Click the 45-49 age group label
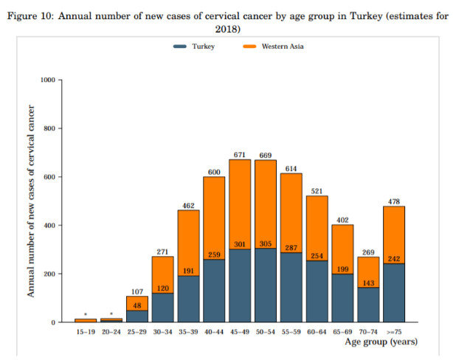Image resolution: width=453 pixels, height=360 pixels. (241, 332)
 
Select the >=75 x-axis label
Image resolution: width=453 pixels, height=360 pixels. (395, 332)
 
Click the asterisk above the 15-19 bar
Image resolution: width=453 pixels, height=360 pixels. (86, 314)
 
